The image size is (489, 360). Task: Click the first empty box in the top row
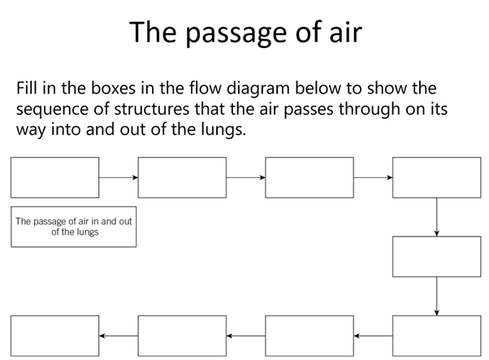[x=54, y=177]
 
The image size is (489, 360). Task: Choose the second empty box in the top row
[x=182, y=177]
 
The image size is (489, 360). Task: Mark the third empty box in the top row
[x=309, y=177]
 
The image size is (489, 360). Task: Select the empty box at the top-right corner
[x=437, y=177]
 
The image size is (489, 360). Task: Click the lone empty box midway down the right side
[x=437, y=256]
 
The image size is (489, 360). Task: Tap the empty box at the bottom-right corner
[x=437, y=335]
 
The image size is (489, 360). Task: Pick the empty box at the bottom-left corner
[x=54, y=335]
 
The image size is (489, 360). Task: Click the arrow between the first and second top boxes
[x=119, y=177]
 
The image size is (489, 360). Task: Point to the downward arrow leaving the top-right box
[x=437, y=216]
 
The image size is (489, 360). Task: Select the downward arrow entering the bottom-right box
[x=437, y=295]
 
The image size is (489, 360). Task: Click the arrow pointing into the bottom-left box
[x=119, y=335]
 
